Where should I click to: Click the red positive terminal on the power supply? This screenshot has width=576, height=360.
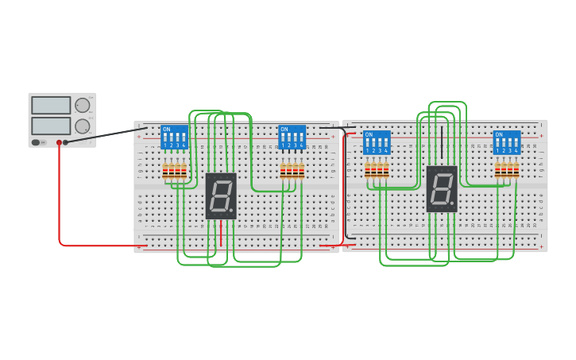[59, 142]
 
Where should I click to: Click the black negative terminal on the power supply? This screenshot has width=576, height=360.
[66, 142]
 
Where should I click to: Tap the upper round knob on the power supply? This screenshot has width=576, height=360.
[83, 105]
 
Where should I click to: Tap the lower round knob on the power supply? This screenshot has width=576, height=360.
[83, 126]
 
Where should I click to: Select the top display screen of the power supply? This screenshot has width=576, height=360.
[51, 105]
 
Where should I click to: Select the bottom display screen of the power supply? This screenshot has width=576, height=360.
[51, 126]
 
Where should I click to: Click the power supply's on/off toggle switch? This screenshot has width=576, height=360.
[36, 142]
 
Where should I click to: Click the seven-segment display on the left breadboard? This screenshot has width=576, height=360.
[221, 195]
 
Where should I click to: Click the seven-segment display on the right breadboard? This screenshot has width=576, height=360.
[442, 188]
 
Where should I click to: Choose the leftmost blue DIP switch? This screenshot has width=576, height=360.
[174, 137]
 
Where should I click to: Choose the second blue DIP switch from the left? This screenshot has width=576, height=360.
[292, 137]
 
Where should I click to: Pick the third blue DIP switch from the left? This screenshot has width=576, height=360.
[377, 142]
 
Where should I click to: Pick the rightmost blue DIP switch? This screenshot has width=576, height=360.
[507, 142]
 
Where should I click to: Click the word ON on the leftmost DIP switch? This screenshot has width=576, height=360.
[166, 129]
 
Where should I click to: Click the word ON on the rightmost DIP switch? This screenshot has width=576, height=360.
[499, 134]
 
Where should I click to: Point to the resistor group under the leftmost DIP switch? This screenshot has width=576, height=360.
[174, 170]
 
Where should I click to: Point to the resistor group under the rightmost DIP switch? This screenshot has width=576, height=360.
[507, 168]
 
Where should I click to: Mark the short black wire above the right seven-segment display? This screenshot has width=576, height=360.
[442, 143]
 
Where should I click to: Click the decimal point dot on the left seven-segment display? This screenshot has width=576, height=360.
[231, 210]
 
